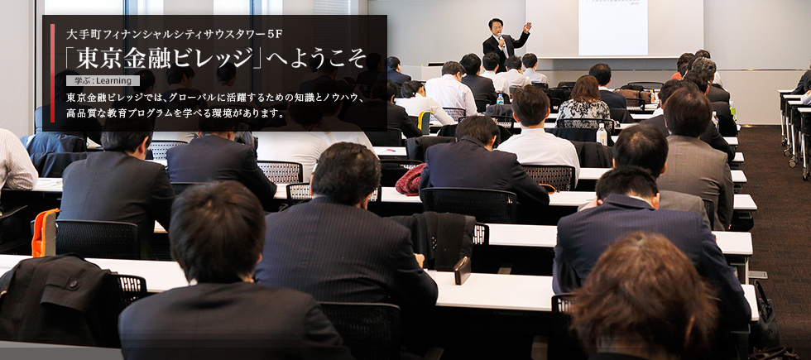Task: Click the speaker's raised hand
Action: coord(526,26)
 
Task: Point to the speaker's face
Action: coord(496,26)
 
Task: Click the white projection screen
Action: coord(613,27)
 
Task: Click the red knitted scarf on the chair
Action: coord(410,179)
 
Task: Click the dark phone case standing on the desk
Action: coord(463,271)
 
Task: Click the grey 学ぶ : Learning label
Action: coord(103,81)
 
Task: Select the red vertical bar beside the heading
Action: coord(52,65)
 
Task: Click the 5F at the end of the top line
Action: coord(276,35)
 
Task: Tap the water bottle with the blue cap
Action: coord(500,98)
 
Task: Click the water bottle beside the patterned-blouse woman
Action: coord(602,134)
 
